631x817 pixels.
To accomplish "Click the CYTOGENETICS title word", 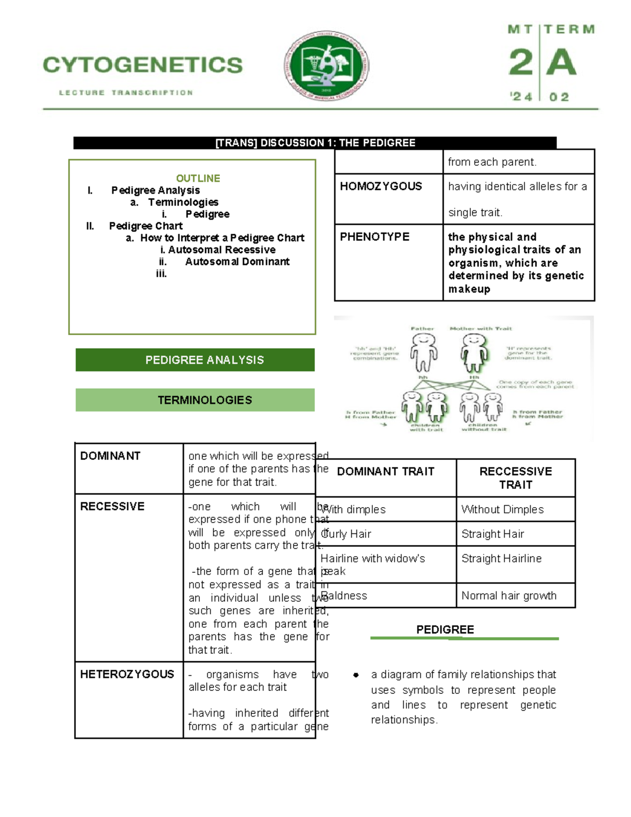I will pos(143,65).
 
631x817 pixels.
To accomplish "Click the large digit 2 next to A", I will pos(521,62).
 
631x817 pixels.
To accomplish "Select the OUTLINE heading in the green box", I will pos(198,178).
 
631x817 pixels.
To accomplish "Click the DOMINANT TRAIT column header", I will pos(385,471).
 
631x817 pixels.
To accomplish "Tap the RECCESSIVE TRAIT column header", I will pos(515,478).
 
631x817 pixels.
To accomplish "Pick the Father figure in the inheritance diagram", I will pos(423,352).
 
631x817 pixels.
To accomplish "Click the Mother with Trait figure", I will pos(475,352).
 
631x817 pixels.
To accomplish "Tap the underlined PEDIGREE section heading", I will pos(445,630).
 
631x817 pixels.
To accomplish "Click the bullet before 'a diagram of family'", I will pos(356,675).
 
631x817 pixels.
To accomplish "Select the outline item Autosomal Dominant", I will pos(237,261).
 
